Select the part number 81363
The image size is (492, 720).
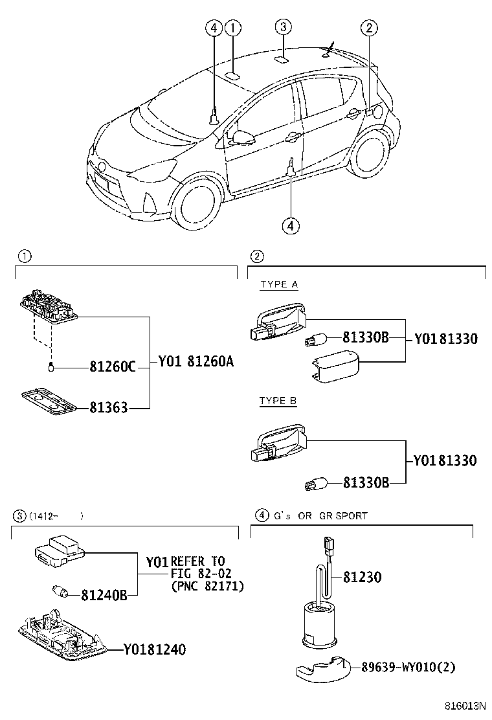click(x=108, y=408)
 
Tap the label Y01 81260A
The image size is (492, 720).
click(x=196, y=363)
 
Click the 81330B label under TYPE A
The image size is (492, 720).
click(x=365, y=337)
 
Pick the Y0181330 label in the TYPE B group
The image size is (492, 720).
click(x=445, y=460)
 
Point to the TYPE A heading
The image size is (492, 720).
click(x=278, y=284)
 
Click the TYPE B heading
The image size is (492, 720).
click(x=278, y=401)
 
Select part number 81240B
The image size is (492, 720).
click(x=104, y=594)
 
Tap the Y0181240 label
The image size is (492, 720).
click(x=154, y=649)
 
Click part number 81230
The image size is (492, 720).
click(x=361, y=577)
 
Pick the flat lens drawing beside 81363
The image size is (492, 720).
click(x=49, y=399)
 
